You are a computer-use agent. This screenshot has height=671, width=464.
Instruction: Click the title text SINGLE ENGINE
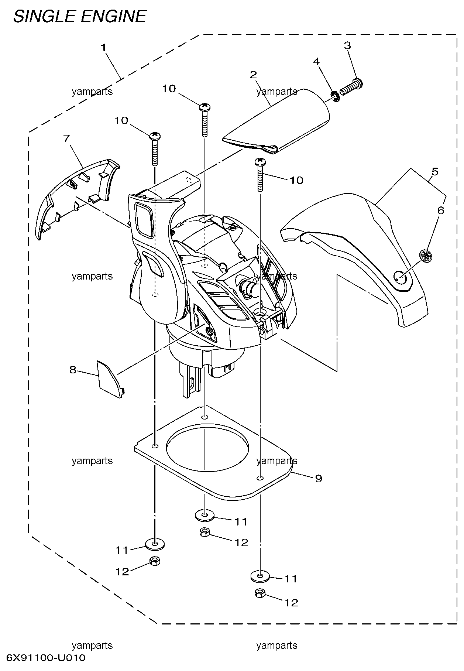click(x=80, y=17)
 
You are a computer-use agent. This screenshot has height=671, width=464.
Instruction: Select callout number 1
click(x=104, y=48)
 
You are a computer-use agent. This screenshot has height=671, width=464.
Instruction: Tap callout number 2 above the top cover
click(x=253, y=75)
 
